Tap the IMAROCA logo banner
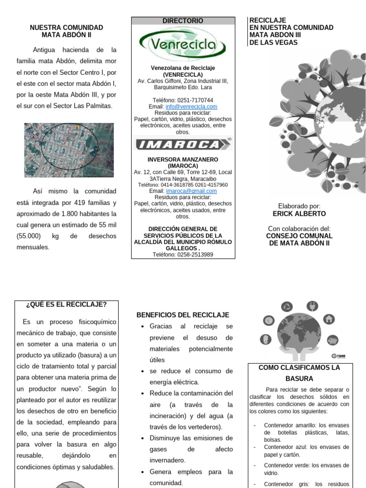pos(183,144)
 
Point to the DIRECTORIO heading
pos(183,21)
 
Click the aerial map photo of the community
pos(69,150)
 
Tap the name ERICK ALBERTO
pos(299,213)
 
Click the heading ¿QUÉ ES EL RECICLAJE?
pos(67,305)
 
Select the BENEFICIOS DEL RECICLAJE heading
pos(183,315)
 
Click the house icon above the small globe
pos(328,319)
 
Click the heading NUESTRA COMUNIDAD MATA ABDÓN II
pos(66,31)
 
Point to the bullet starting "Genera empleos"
pos(191,472)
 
